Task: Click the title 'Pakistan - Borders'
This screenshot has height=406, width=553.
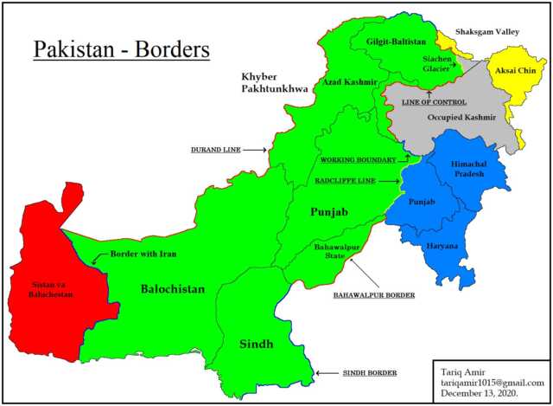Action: point(121,49)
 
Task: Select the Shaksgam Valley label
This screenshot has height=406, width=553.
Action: point(481,33)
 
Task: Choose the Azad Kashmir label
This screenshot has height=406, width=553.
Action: point(349,82)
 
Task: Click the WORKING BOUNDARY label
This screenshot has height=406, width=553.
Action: point(358,160)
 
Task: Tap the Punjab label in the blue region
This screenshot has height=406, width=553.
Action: point(421,202)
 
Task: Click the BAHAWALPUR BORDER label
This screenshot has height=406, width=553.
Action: point(374,295)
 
